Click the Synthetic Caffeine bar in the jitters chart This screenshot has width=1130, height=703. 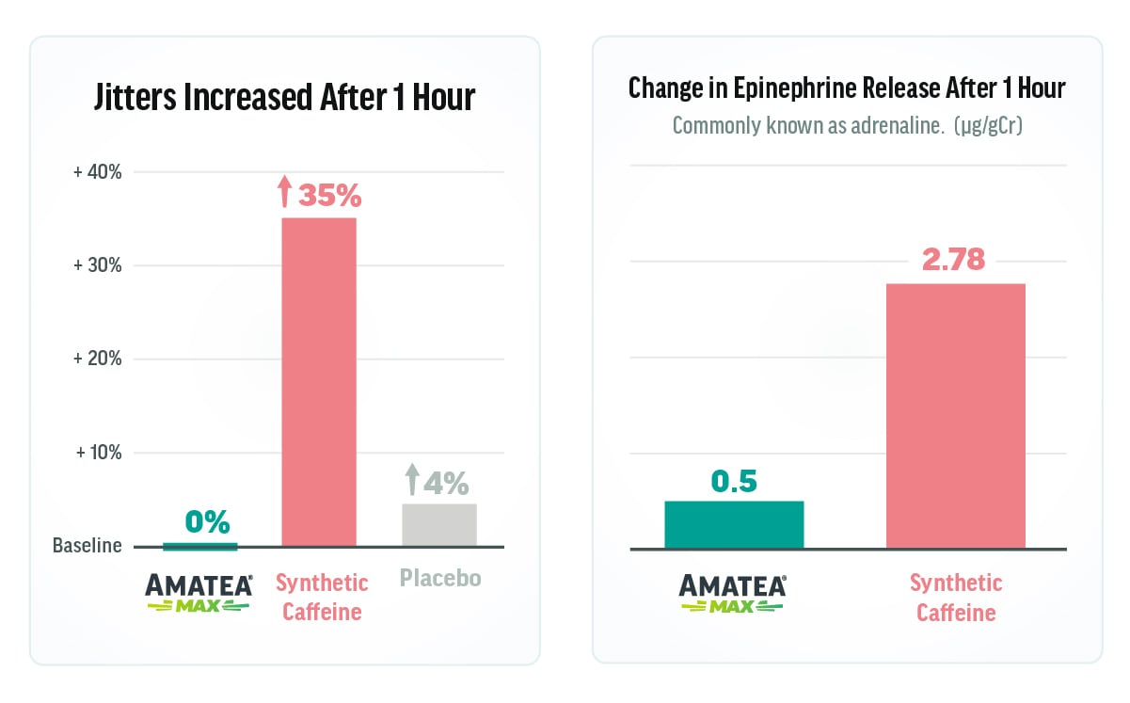point(319,381)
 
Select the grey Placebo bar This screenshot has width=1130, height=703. point(439,525)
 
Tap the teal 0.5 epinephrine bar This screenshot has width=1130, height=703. point(734,524)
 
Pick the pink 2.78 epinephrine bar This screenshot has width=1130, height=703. point(955,415)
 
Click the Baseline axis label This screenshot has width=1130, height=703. point(87,546)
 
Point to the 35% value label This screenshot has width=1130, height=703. point(329,195)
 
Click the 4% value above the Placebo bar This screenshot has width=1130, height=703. point(445,483)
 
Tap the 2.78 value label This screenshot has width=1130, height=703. point(953,260)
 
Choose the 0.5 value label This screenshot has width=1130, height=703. point(734,481)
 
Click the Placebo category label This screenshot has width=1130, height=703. point(438,577)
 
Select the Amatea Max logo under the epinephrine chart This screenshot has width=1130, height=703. point(733,593)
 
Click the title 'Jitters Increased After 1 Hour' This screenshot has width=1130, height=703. point(284,98)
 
